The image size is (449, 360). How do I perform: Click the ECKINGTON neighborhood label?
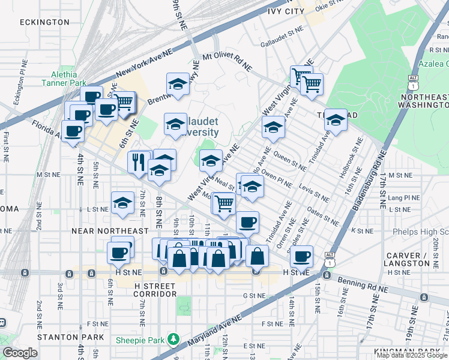click(x=44, y=22)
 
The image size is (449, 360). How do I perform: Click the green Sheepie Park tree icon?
click(x=174, y=340)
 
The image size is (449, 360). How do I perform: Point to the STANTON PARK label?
click(x=63, y=338)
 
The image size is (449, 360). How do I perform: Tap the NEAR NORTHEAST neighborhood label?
click(x=110, y=231)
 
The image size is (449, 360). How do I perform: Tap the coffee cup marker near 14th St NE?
click(x=302, y=256)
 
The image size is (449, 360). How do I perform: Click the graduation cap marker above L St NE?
click(x=122, y=203)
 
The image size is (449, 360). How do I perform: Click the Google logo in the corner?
click(x=20, y=353)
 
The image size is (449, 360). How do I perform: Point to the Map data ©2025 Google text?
click(x=412, y=355)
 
